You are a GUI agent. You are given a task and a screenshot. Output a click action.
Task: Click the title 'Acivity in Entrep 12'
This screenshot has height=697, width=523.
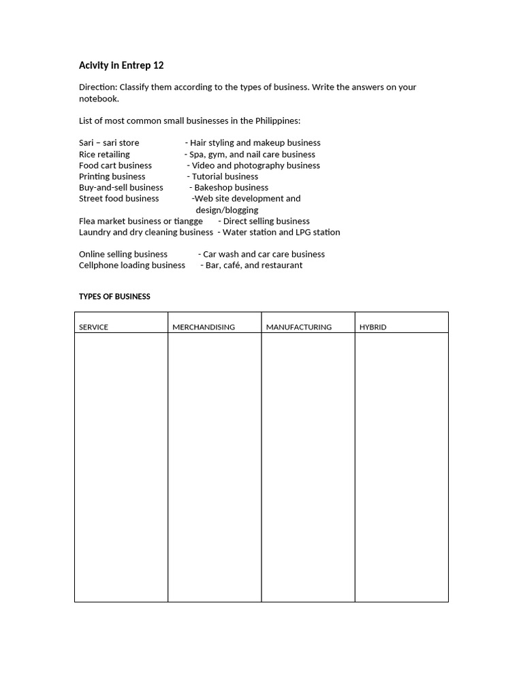121,66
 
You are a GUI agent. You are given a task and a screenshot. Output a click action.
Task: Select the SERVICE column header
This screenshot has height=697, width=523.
93,327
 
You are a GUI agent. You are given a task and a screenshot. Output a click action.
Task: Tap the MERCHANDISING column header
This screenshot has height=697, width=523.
204,327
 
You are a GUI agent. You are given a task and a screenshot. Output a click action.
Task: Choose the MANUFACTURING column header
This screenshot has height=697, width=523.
299,327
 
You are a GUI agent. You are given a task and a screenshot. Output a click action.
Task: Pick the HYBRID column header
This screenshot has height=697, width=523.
373,327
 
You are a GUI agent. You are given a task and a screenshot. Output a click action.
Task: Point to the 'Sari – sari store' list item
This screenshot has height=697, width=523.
109,143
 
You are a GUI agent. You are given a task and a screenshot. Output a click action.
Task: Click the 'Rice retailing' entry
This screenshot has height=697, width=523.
104,155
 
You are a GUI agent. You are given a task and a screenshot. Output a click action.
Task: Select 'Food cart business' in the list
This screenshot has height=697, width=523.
115,165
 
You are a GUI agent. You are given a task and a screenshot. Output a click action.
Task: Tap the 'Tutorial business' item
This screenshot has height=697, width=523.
225,176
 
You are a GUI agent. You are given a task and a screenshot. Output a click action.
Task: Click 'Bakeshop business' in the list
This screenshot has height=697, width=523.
231,188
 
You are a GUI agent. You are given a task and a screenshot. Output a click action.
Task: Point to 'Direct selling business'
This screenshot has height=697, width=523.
266,221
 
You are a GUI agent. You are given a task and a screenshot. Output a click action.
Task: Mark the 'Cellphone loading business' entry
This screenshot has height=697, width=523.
132,265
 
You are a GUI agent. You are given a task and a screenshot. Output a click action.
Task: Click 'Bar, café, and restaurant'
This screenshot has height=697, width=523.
253,265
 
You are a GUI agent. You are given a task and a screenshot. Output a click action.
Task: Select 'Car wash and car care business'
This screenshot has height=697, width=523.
264,255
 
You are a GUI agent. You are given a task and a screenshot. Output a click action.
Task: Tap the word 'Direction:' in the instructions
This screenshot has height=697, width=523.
98,87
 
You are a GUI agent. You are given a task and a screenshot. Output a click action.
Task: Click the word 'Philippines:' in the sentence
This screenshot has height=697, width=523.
277,121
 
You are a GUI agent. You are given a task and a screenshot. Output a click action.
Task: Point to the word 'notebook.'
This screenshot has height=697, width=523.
99,99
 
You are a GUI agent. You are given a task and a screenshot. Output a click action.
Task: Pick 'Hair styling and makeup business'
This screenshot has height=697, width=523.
255,143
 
